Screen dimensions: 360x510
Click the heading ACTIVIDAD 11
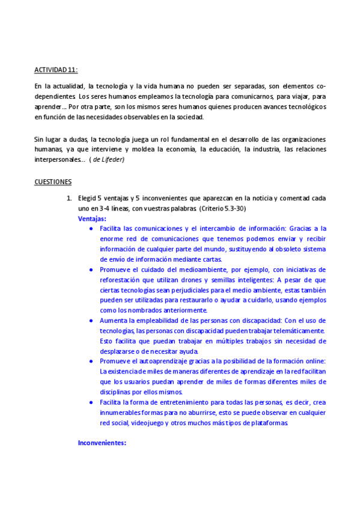click(x=56, y=70)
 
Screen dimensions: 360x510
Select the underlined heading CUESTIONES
click(x=53, y=182)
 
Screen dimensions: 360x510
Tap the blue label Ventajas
click(x=92, y=219)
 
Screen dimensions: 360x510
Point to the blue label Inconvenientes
click(x=102, y=443)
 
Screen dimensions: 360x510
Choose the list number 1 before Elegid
click(x=69, y=198)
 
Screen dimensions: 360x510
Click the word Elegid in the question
click(x=88, y=198)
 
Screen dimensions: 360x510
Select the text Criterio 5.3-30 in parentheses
click(x=224, y=208)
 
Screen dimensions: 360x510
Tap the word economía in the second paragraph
click(x=218, y=149)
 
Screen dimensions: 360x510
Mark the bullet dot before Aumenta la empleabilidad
click(x=91, y=321)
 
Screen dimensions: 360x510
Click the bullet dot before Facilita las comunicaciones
click(x=91, y=229)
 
